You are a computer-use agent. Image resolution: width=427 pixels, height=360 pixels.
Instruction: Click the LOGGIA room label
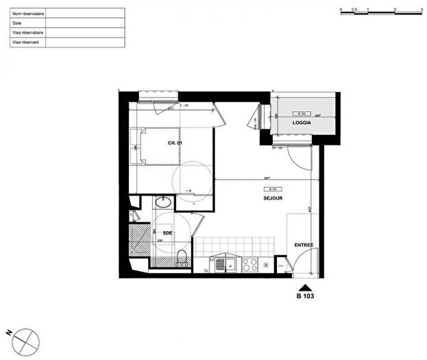[302, 123]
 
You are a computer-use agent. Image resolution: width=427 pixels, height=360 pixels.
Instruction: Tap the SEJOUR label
[273, 198]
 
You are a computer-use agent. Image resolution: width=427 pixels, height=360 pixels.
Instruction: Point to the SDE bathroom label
[167, 233]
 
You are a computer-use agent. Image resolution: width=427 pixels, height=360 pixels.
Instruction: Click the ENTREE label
[304, 245]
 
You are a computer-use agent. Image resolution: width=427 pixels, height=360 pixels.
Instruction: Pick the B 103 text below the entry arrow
[305, 296]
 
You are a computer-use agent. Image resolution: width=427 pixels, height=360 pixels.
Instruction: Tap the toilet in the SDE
[181, 258]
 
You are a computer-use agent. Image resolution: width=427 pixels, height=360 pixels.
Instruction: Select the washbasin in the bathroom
[164, 202]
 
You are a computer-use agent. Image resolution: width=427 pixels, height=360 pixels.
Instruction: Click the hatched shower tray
[140, 240]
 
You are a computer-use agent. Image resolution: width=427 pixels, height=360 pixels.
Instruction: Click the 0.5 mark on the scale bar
[354, 9]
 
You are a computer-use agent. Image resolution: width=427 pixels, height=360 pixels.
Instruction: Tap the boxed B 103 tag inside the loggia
[301, 114]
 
